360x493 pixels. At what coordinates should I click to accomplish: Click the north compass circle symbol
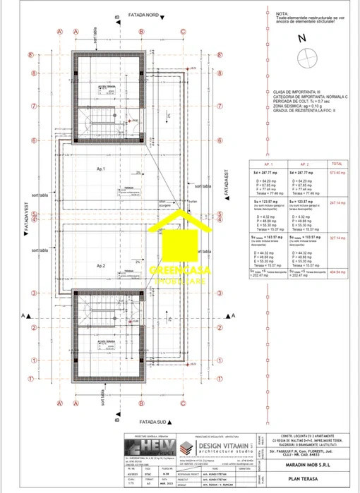coord(306,59)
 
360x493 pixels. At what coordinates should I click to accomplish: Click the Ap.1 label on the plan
coord(100,169)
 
